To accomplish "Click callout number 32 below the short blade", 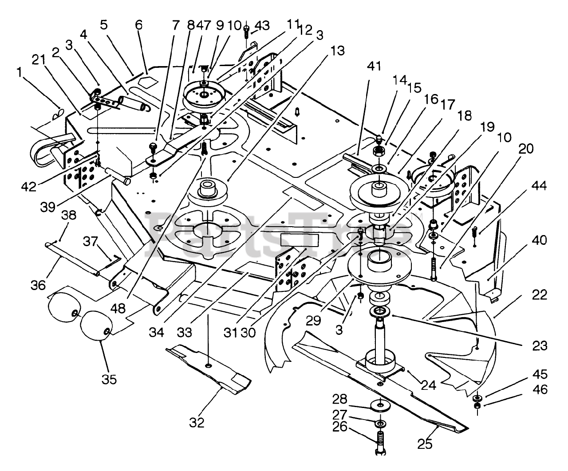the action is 197,422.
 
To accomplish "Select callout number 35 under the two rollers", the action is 109,379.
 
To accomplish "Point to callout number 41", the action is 374,67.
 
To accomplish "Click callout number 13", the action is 337,51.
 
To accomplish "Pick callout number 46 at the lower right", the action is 540,389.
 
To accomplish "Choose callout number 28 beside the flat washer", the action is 340,399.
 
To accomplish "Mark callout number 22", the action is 540,295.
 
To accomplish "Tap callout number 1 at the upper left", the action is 19,72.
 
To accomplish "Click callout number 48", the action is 118,308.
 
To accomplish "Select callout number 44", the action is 539,186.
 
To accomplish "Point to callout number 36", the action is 38,285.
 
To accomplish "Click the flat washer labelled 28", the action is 380,405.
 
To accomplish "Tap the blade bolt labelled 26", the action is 380,443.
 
